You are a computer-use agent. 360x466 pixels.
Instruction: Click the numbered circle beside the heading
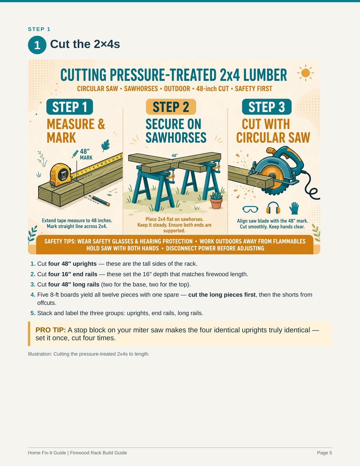37,45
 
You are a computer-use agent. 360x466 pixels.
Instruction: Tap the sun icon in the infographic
305,73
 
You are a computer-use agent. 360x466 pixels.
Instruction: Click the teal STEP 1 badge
70,107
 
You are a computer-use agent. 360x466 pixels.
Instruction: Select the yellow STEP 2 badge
171,107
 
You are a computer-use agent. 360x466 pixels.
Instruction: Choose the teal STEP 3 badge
267,107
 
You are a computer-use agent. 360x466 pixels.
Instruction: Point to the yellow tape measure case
60,175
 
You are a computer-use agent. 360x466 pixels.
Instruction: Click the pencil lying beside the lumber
99,201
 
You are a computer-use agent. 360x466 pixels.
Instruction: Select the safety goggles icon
250,209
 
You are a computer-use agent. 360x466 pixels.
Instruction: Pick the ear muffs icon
273,208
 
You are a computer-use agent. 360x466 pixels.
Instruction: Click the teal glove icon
294,208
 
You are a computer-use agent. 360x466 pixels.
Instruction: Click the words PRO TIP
50,330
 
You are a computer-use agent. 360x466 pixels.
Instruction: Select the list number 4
33,295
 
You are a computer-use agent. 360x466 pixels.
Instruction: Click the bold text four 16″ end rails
73,274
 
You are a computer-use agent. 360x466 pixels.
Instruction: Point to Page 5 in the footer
324,453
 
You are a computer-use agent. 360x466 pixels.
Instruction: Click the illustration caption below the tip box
89,354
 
